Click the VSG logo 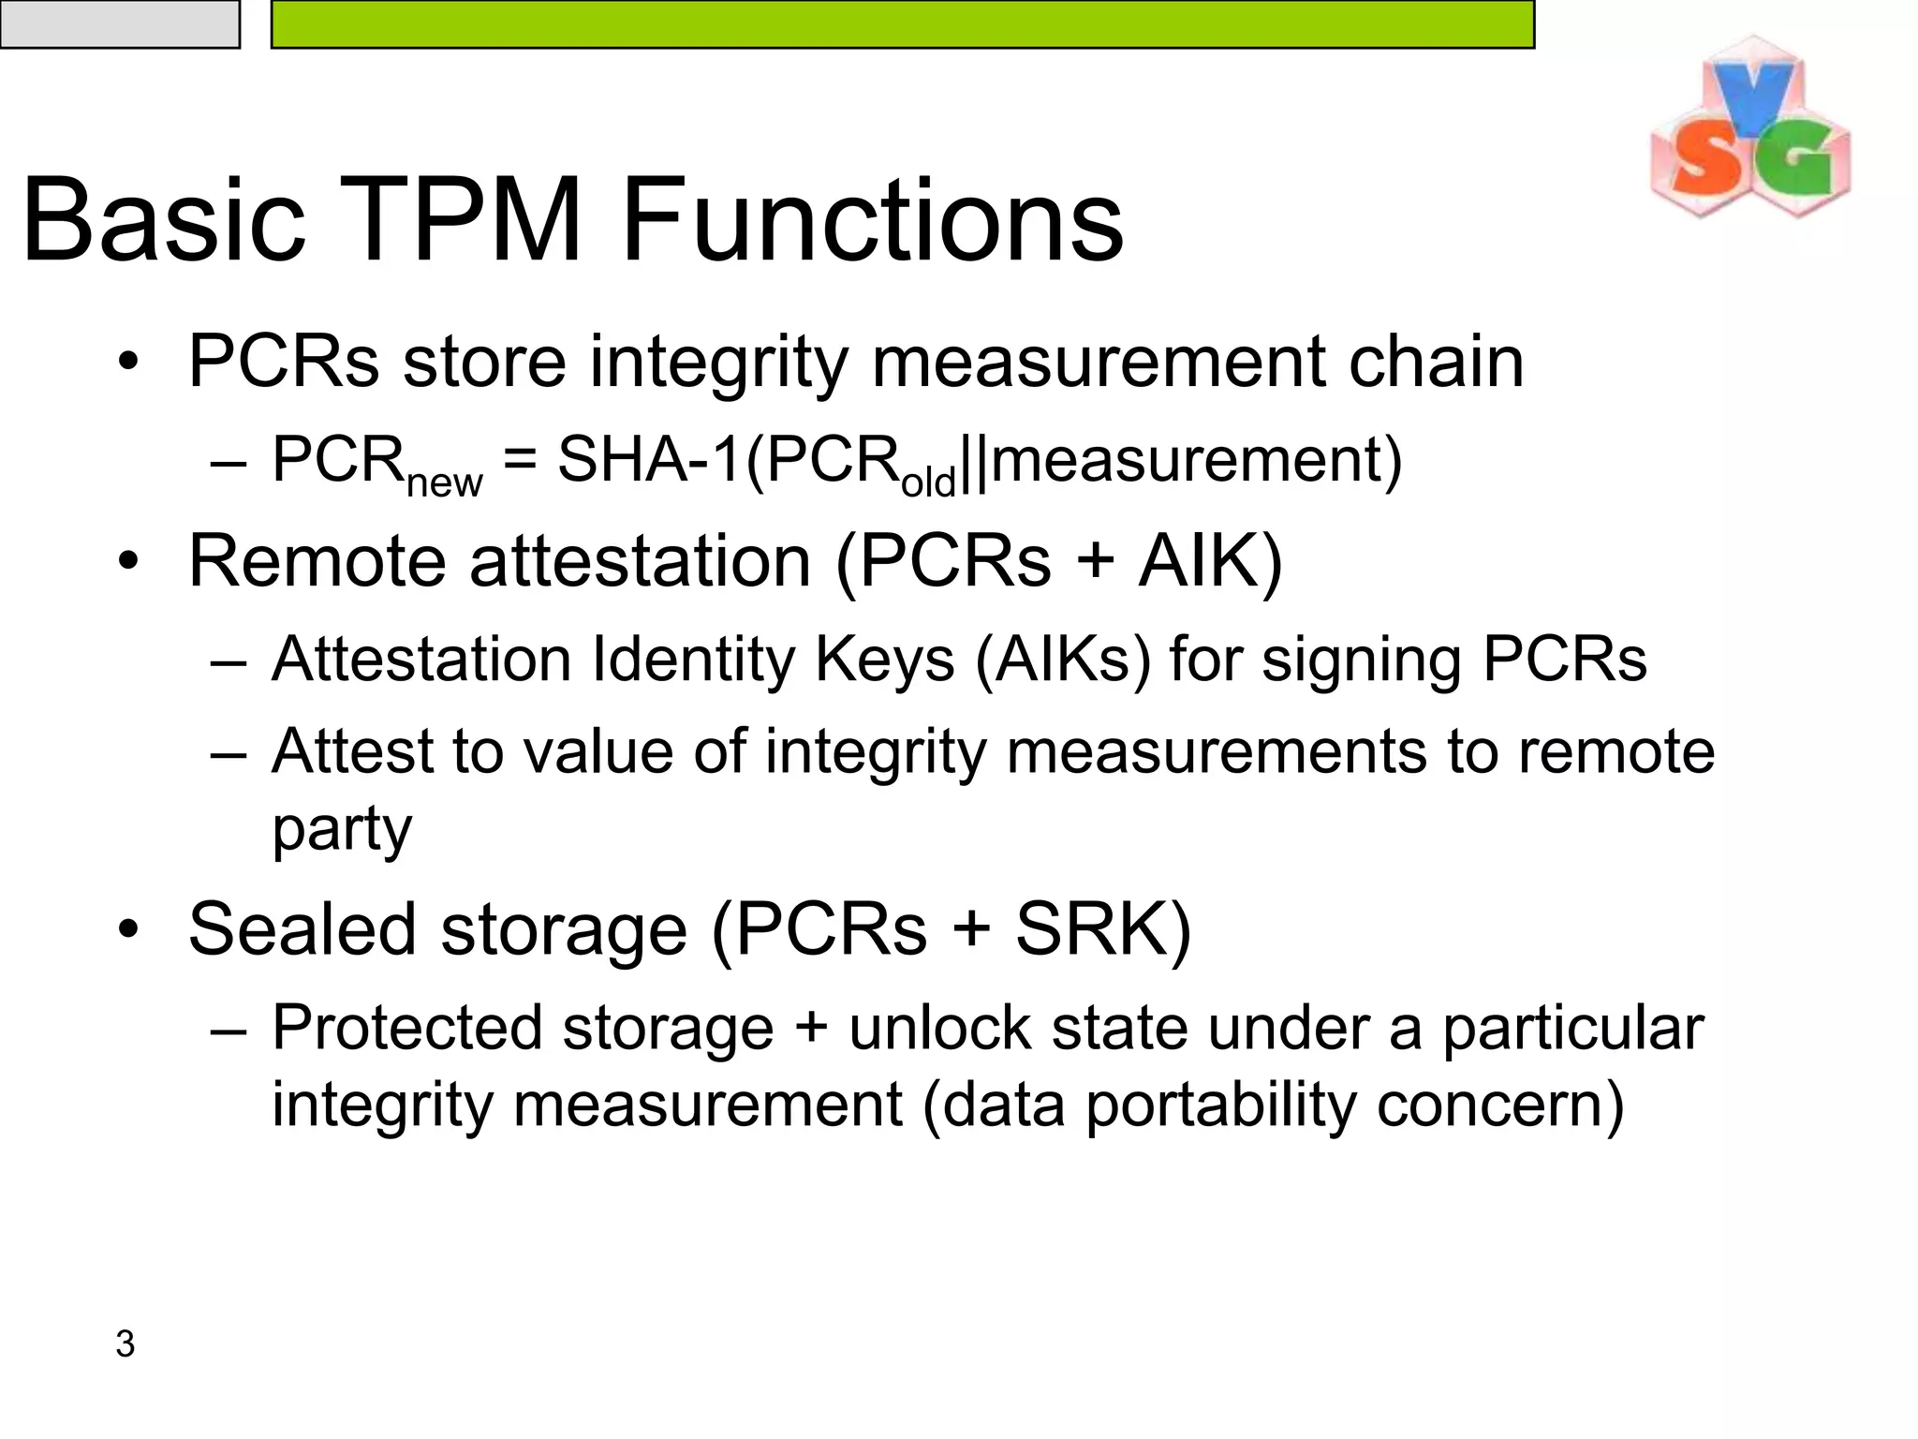coord(1749,131)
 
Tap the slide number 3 coord(125,1344)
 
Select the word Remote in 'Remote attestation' coord(317,561)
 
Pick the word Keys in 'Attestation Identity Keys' coord(884,659)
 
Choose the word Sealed coord(302,929)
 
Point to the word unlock coord(939,1028)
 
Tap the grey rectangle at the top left coord(119,23)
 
